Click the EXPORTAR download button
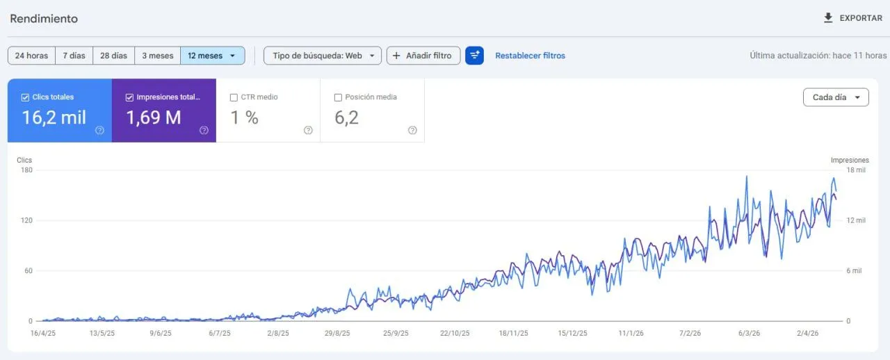pyautogui.click(x=852, y=18)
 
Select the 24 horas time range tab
pyautogui.click(x=31, y=56)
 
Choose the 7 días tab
pyautogui.click(x=74, y=56)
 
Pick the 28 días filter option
pyautogui.click(x=113, y=56)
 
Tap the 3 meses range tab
pyautogui.click(x=157, y=56)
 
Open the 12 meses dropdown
pyautogui.click(x=213, y=56)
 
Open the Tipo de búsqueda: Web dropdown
pyautogui.click(x=323, y=56)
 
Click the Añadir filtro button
pyautogui.click(x=423, y=56)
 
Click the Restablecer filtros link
pyautogui.click(x=530, y=56)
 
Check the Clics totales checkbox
pyautogui.click(x=25, y=97)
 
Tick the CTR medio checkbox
pyautogui.click(x=234, y=97)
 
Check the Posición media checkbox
pyautogui.click(x=338, y=97)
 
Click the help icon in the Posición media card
pyautogui.click(x=412, y=130)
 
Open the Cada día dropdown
pyautogui.click(x=836, y=97)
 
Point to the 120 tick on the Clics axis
pyautogui.click(x=26, y=220)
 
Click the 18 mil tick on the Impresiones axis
pyautogui.click(x=856, y=170)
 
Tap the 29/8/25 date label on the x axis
pyautogui.click(x=337, y=333)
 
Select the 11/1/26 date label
pyautogui.click(x=631, y=333)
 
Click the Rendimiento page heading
pyautogui.click(x=44, y=19)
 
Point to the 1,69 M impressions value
pyautogui.click(x=154, y=117)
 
